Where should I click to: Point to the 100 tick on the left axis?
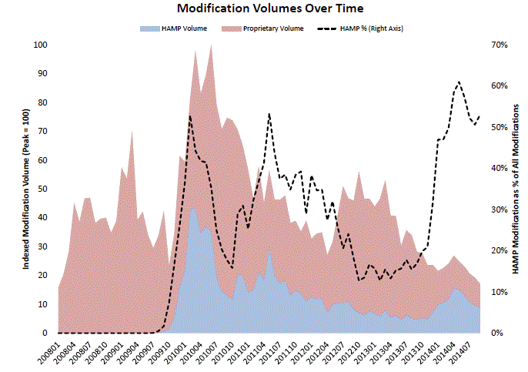[x=38, y=45]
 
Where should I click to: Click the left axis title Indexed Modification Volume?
[x=25, y=189]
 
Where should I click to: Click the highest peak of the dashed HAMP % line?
[x=459, y=82]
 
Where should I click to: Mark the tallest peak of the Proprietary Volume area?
[x=211, y=45]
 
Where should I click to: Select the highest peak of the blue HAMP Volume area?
[x=192, y=205]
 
